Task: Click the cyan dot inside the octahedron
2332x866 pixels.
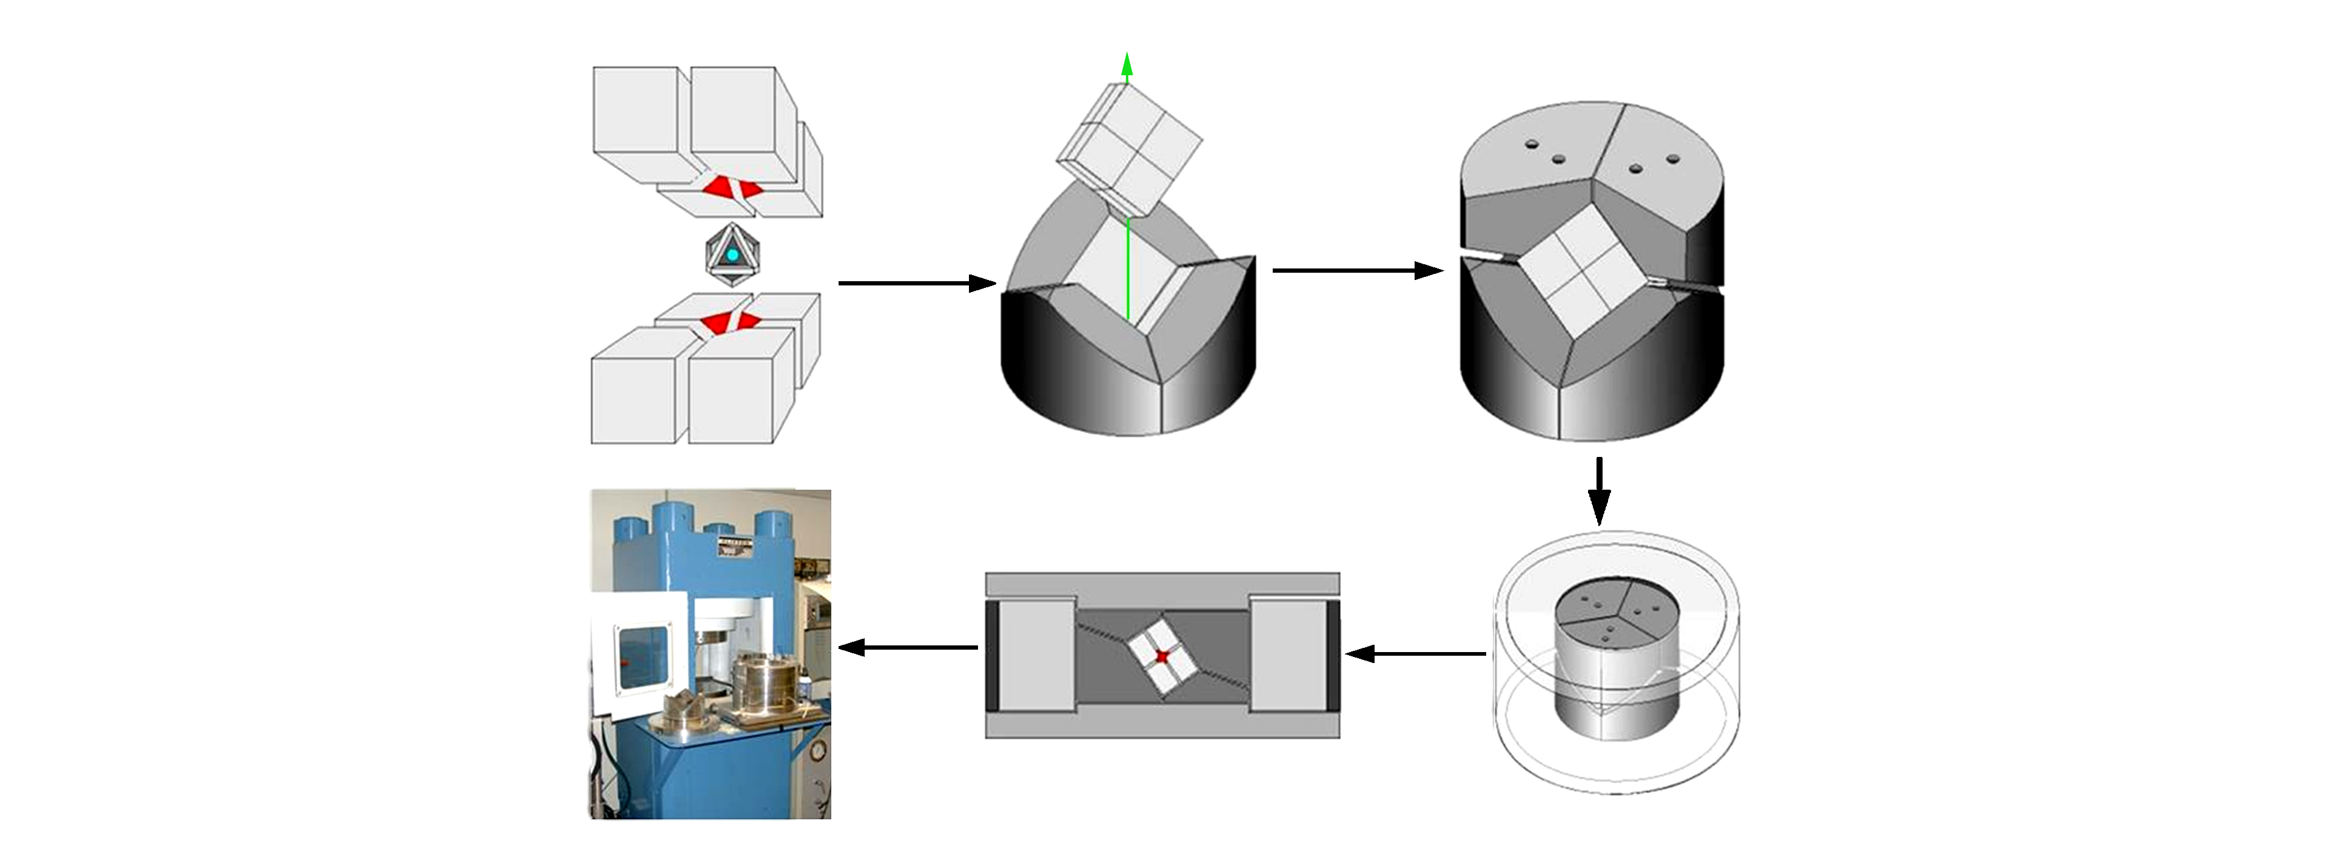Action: tap(731, 256)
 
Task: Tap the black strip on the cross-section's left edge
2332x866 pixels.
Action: tap(991, 656)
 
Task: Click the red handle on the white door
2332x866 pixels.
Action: tap(624, 666)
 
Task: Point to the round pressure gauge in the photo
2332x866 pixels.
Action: tap(819, 750)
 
